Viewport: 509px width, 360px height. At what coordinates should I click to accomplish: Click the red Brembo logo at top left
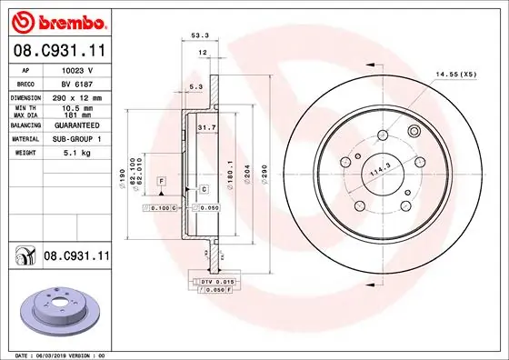tap(59, 23)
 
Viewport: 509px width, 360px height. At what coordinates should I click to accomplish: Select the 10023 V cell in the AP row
tap(77, 70)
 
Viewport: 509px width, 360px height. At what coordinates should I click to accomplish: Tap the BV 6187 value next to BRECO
tap(77, 84)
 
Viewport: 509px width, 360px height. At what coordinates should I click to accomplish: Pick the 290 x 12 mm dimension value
tap(77, 97)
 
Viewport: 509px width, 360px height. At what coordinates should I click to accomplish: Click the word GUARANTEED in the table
tap(77, 125)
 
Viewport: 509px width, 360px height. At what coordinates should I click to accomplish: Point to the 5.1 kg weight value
tap(77, 153)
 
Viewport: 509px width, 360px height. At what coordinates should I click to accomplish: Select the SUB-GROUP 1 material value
tap(77, 139)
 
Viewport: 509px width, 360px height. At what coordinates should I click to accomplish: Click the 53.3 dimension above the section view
tap(200, 35)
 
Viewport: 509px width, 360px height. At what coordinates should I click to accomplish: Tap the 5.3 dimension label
tap(196, 86)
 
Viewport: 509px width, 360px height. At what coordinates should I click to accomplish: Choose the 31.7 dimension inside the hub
tap(207, 127)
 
